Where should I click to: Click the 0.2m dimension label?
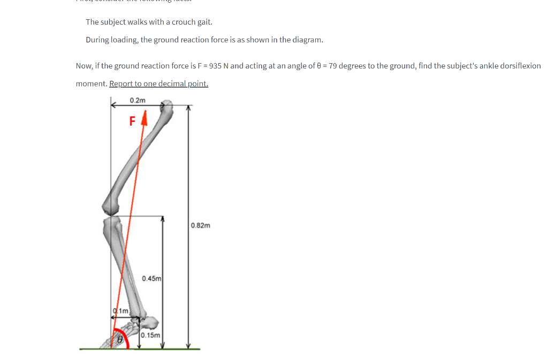point(138,100)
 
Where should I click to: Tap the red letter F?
point(132,121)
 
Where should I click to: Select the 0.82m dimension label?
point(201,225)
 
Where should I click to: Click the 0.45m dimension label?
point(152,278)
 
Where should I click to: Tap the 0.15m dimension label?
point(151,335)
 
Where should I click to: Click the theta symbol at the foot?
point(120,339)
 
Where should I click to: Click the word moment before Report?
point(92,83)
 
